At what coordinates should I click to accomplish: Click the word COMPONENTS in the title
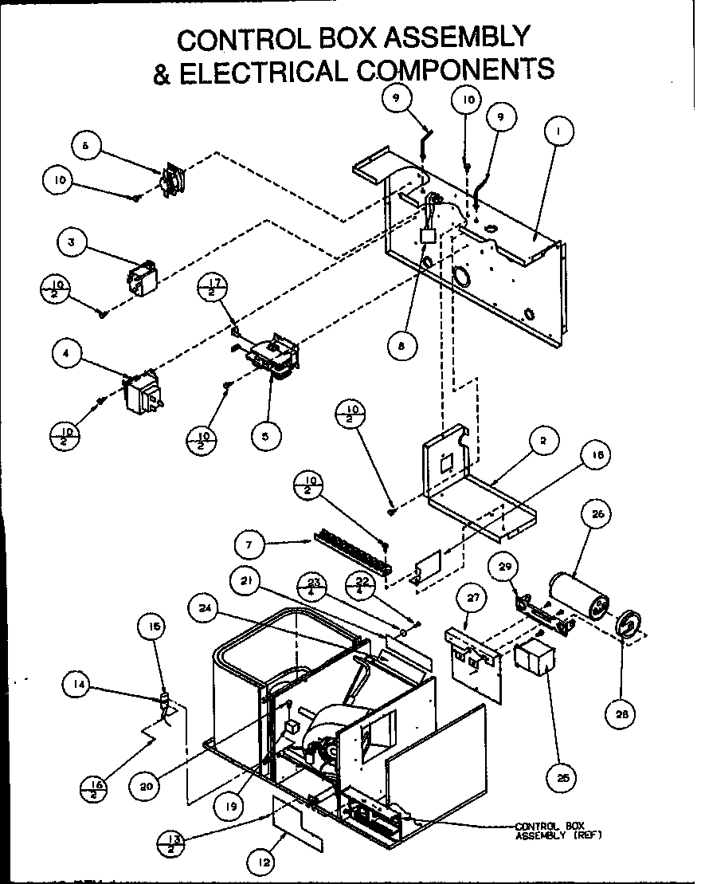coord(456,70)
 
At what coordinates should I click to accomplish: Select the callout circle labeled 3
coord(72,244)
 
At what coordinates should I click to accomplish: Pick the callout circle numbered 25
coord(549,776)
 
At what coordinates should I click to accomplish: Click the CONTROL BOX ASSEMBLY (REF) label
coord(558,831)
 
